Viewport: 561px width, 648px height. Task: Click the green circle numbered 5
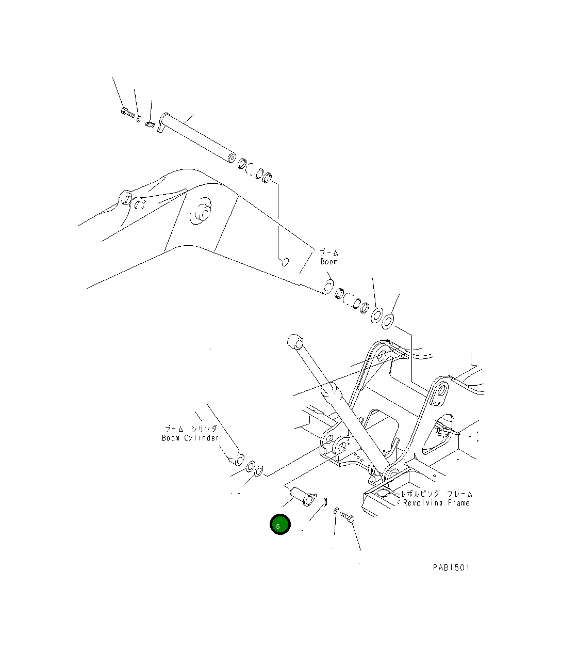pos(280,525)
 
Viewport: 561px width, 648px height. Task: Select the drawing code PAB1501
pos(451,567)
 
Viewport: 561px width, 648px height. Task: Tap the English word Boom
pos(329,262)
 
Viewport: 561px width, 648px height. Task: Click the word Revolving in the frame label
pos(423,503)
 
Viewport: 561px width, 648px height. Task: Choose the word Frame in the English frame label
pos(458,503)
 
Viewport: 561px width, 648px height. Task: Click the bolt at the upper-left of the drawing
pos(127,112)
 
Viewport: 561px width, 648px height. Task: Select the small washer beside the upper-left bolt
pos(139,119)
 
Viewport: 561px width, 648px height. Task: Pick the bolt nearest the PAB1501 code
pos(346,516)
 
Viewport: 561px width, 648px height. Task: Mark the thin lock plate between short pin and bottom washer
pos(325,501)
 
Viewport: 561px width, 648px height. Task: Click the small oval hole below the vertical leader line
pos(283,262)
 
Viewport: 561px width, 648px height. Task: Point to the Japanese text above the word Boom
pos(329,252)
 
